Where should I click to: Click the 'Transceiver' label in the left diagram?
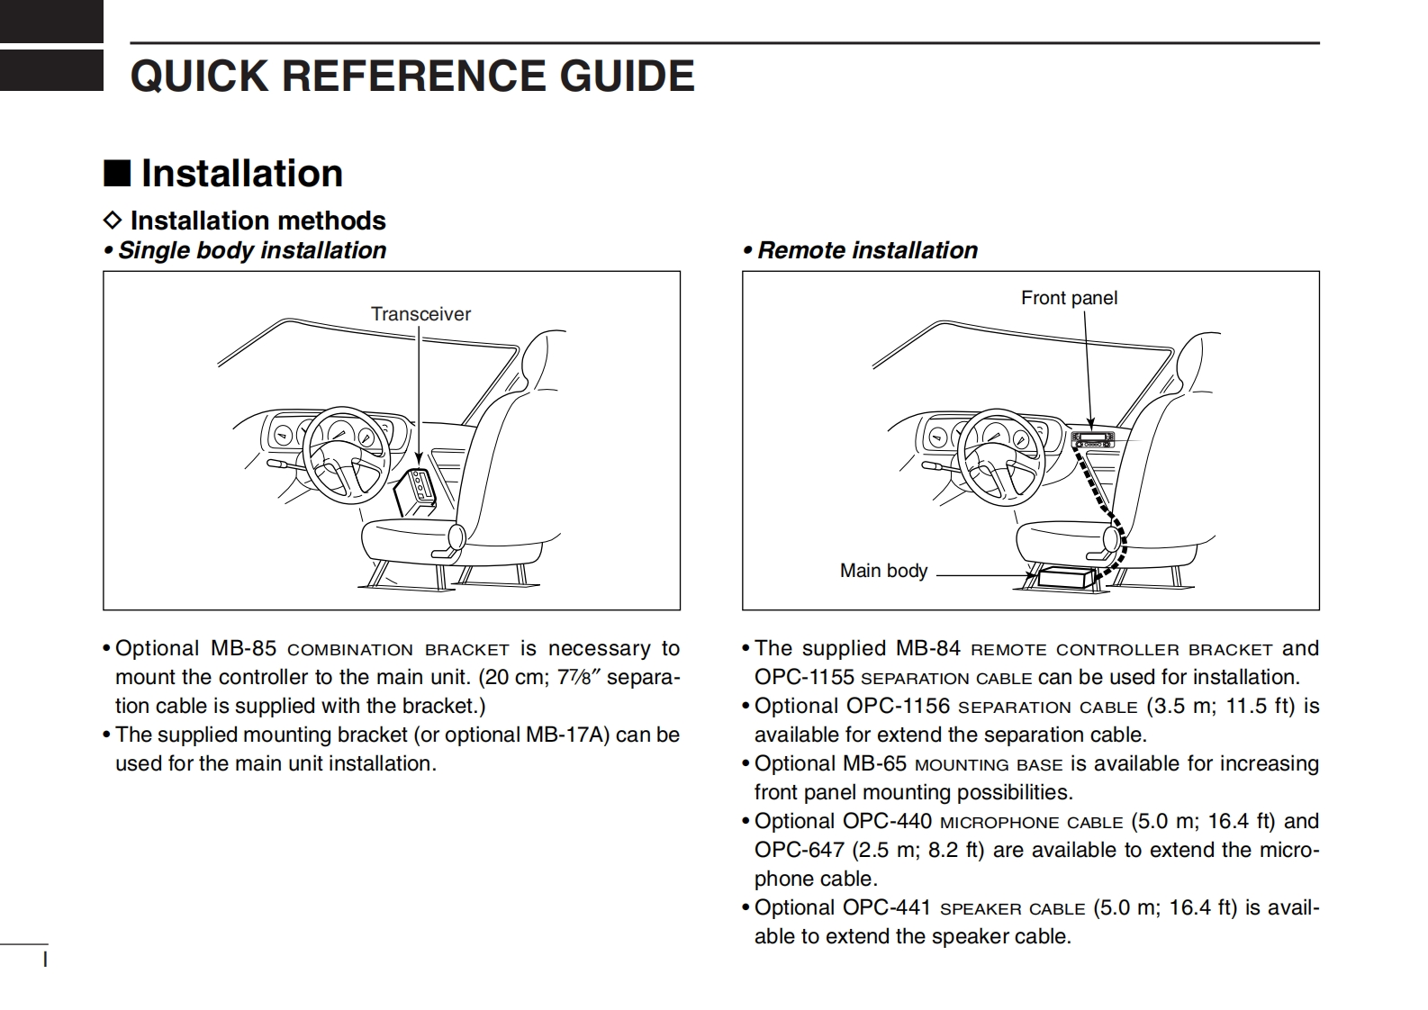[420, 314]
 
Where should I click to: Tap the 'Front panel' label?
[1069, 298]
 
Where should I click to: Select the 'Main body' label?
[883, 571]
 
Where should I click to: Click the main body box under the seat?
[1065, 577]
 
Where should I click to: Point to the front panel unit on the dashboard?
[1092, 440]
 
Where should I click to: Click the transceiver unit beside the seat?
[416, 491]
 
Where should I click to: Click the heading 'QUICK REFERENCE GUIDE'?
[412, 76]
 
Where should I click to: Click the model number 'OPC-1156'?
[897, 706]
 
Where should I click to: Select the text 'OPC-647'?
[799, 850]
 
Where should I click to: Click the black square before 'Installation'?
[117, 173]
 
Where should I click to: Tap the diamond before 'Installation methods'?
[113, 221]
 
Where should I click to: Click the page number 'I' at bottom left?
[45, 960]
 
